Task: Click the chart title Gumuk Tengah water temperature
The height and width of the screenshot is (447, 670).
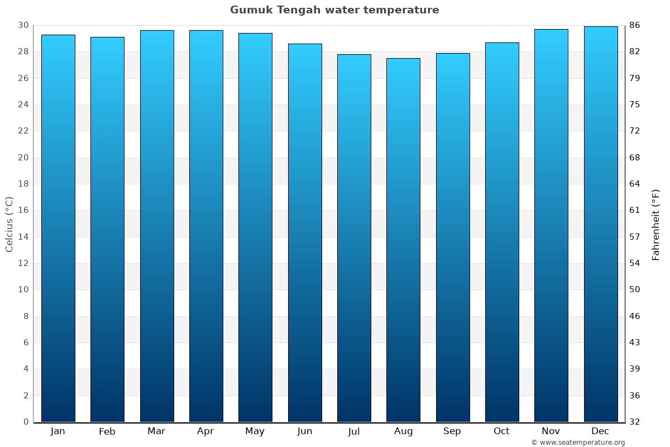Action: click(x=334, y=10)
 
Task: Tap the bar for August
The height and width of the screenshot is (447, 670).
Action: click(x=403, y=240)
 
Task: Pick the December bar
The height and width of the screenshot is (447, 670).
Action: click(x=601, y=223)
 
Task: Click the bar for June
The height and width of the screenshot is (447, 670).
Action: click(x=305, y=232)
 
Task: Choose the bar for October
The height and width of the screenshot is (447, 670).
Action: click(x=502, y=232)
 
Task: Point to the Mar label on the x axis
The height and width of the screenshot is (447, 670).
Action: click(x=156, y=431)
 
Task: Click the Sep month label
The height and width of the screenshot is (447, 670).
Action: click(x=452, y=431)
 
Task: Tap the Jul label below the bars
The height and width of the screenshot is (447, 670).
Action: click(x=354, y=431)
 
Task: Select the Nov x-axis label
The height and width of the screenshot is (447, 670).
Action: click(x=551, y=431)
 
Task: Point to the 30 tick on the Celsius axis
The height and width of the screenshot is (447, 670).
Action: click(x=23, y=25)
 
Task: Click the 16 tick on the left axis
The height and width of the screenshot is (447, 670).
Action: click(x=23, y=210)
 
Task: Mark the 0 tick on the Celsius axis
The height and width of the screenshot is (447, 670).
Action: click(x=26, y=422)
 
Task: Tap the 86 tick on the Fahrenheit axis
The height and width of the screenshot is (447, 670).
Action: click(x=635, y=25)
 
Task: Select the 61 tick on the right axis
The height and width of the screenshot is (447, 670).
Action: click(x=635, y=210)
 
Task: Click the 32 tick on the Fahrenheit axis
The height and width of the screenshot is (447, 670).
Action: click(x=635, y=422)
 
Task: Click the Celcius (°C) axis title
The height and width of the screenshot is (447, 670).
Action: click(x=9, y=224)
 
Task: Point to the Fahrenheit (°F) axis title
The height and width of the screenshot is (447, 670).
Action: click(x=656, y=224)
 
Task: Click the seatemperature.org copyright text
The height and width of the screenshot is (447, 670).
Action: click(x=578, y=443)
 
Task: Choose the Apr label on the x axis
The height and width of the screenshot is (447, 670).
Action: click(x=205, y=431)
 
